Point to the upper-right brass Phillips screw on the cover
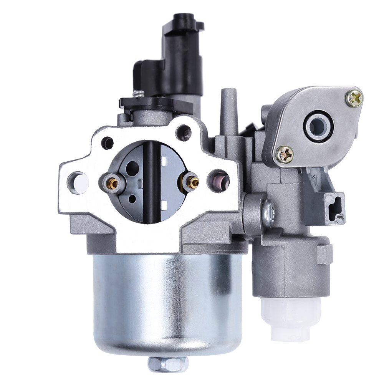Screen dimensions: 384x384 (x=354, y=98)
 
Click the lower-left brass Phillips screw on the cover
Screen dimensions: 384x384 (x=285, y=154)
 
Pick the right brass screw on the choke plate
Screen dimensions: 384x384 (x=190, y=182)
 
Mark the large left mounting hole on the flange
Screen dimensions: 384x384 (x=78, y=182)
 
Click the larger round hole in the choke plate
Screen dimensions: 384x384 (x=132, y=168)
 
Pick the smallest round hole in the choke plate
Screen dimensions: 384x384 (x=132, y=199)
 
